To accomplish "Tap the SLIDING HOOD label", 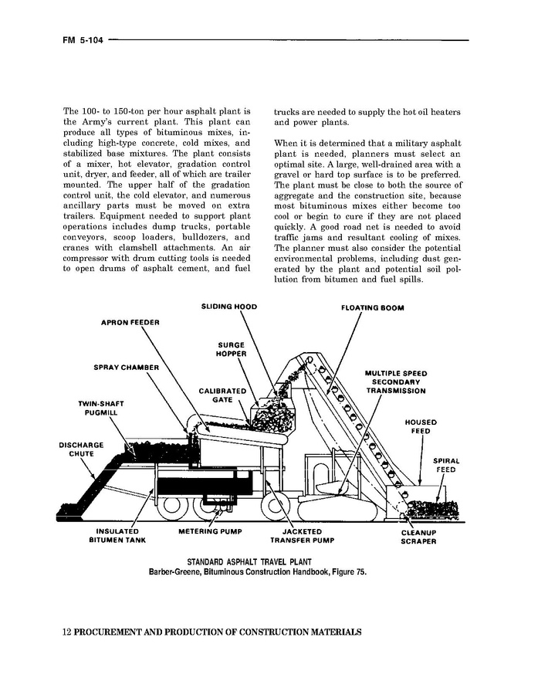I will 228,307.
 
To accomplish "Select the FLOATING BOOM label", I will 372,307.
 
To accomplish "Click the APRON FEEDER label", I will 130,322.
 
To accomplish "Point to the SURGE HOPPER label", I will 232,349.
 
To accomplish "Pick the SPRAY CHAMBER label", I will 126,367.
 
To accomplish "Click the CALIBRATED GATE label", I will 222,395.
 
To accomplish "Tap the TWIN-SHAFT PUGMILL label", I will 100,408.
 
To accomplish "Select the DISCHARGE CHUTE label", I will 81,449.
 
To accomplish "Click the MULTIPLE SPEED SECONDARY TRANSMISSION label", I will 395,382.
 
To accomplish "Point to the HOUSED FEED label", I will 421,427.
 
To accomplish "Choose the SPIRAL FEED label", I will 445,465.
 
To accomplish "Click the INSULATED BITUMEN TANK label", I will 117,536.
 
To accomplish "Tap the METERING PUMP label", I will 210,532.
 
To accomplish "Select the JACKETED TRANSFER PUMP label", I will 301,536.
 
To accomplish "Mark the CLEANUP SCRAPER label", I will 418,537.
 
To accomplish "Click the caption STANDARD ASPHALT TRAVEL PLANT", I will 258,561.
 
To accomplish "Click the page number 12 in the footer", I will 66,632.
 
